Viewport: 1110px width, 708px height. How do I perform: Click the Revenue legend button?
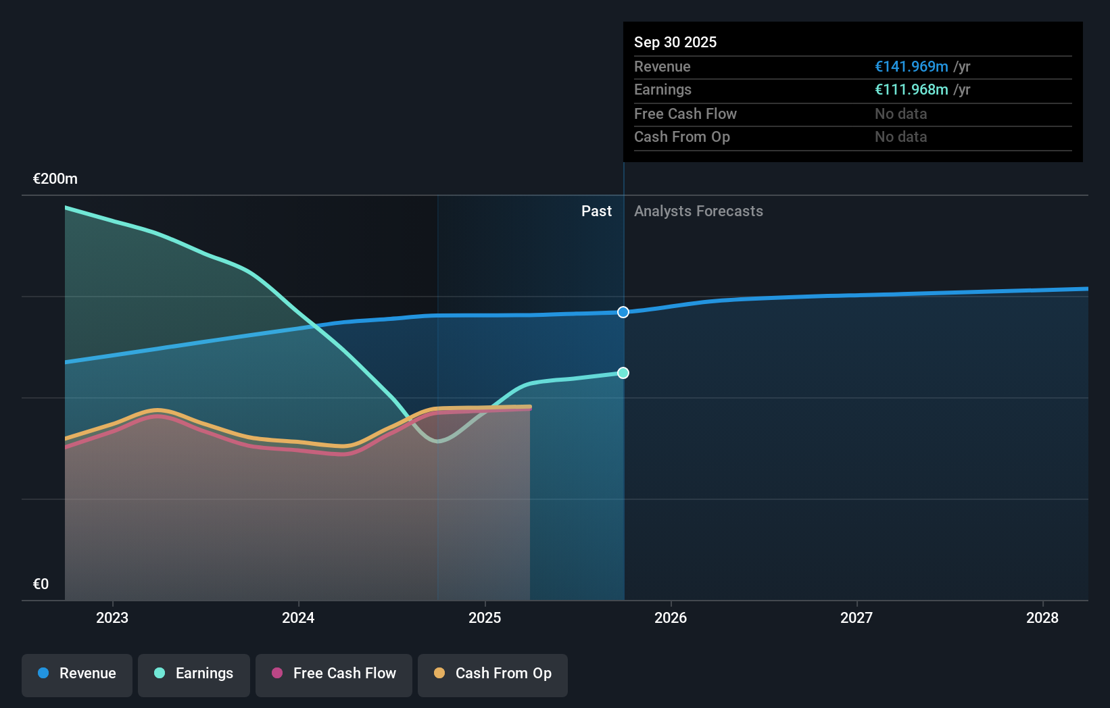point(76,674)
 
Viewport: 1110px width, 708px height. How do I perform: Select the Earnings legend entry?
point(193,674)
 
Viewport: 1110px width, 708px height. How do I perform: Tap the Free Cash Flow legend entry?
point(333,674)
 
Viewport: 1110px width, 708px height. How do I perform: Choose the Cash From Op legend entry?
point(492,674)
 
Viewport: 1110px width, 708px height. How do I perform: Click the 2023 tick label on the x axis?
point(112,617)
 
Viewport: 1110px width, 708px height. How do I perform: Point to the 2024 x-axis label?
point(298,617)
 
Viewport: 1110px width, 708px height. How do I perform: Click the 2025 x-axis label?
point(485,617)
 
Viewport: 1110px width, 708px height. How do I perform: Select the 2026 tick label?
point(671,617)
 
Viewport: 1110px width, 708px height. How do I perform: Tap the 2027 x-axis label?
point(856,617)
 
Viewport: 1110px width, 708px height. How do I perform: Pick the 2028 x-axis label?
point(1042,617)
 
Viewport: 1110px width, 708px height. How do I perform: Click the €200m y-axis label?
point(55,179)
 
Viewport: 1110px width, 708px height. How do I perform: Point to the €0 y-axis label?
point(41,584)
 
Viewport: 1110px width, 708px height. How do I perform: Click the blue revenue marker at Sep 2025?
point(623,312)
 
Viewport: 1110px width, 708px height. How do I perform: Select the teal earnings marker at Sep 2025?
point(623,373)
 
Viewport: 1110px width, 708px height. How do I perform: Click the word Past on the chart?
point(596,211)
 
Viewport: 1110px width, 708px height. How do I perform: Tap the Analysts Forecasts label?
point(698,211)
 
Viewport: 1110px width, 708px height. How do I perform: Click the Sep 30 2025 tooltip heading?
point(675,42)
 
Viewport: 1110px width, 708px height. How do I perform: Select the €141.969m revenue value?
point(911,67)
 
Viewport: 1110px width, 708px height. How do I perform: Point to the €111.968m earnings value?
point(911,90)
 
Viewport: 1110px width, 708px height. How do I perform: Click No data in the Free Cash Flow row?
point(900,114)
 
